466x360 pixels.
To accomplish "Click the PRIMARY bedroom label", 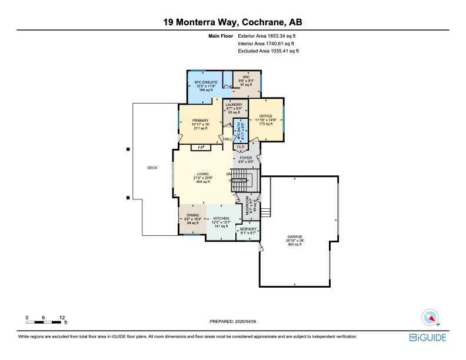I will pos(200,120).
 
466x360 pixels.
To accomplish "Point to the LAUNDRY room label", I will pos(234,105).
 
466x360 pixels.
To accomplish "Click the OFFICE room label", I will pos(267,116).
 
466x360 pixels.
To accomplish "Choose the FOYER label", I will pos(246,158).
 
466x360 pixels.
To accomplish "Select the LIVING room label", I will pos(204,174).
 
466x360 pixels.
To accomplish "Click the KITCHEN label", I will pos(221,218).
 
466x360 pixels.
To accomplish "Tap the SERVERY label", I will pos(248,229).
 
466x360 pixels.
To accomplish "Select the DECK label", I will pos(152,168).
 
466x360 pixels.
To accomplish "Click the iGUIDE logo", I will pos(428,338).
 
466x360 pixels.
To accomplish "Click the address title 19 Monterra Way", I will pos(233,22).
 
